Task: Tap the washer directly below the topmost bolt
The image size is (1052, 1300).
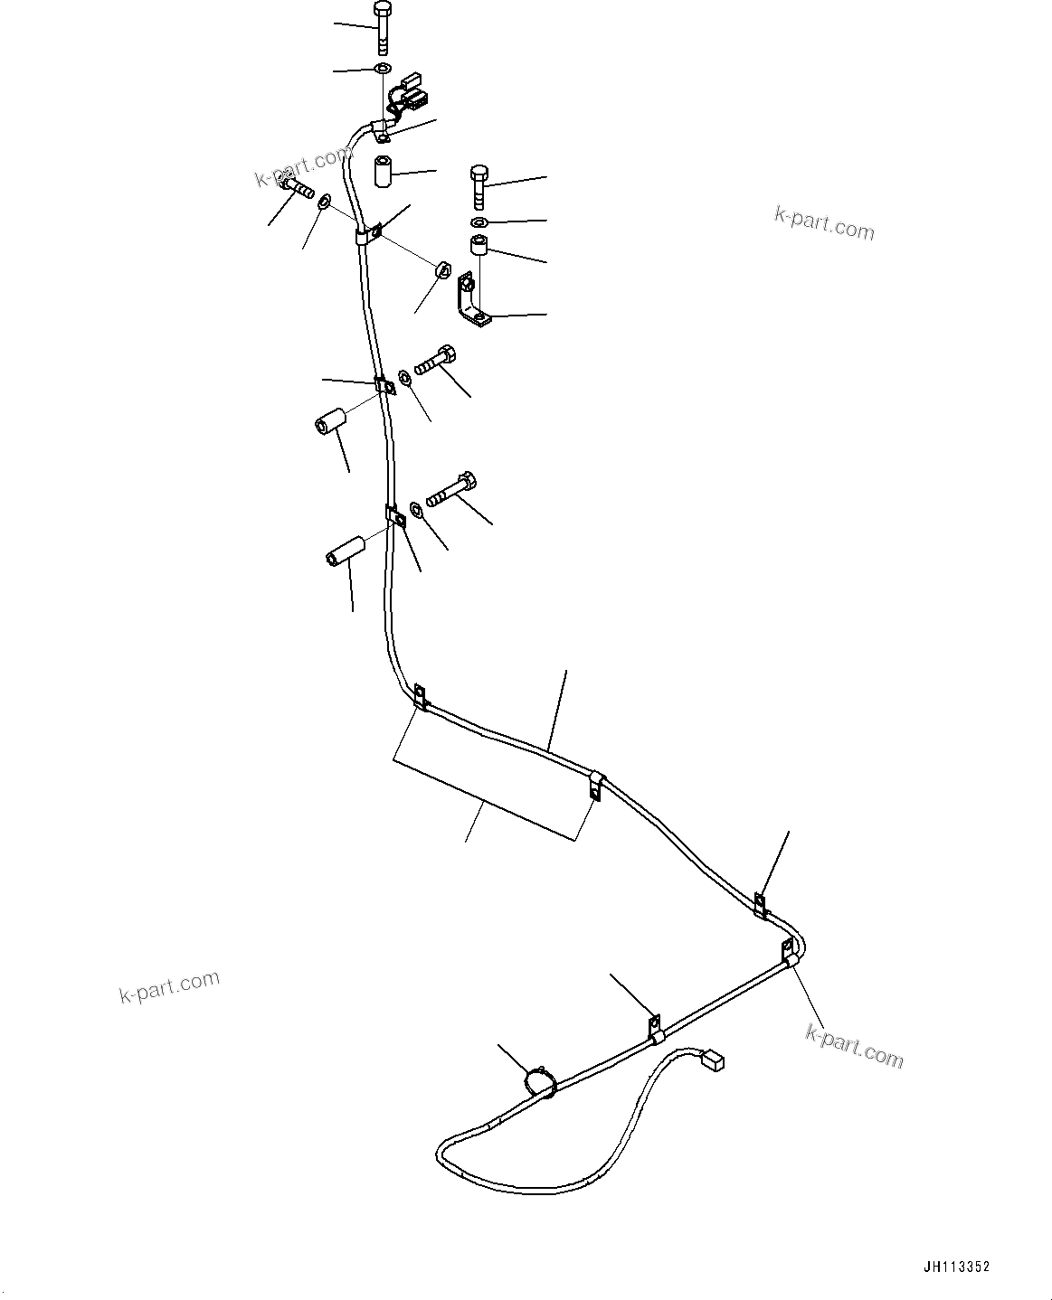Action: (x=383, y=69)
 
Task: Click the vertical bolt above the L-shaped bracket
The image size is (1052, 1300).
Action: (x=479, y=186)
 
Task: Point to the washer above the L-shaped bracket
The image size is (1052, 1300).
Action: (x=479, y=222)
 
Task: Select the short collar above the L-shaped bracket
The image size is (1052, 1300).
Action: (x=479, y=246)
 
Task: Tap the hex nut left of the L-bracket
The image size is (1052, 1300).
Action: (x=443, y=269)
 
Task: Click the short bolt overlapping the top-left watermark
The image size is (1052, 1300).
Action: (x=295, y=186)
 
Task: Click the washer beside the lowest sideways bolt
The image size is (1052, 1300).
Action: (x=417, y=509)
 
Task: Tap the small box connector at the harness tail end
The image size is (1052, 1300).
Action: (x=714, y=1059)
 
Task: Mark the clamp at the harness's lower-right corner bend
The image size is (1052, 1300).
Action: (x=790, y=954)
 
